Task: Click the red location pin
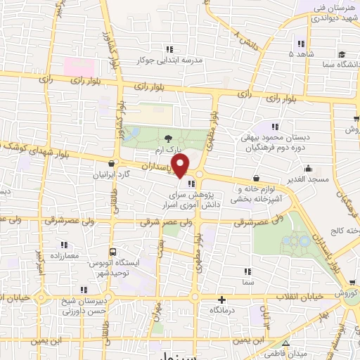coord(181,166)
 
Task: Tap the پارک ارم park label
coord(169,150)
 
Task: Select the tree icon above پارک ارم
coord(167,139)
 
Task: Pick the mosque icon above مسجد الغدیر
coord(308,169)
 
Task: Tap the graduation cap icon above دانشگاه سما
coord(341,54)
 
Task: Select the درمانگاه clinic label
coord(223,310)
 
